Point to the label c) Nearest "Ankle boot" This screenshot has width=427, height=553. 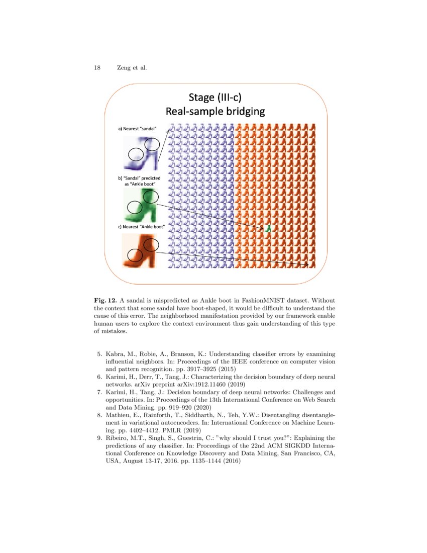coord(141,227)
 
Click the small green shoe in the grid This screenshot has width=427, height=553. coord(269,228)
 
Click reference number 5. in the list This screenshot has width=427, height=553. coord(99,354)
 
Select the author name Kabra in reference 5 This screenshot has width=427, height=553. coord(116,354)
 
